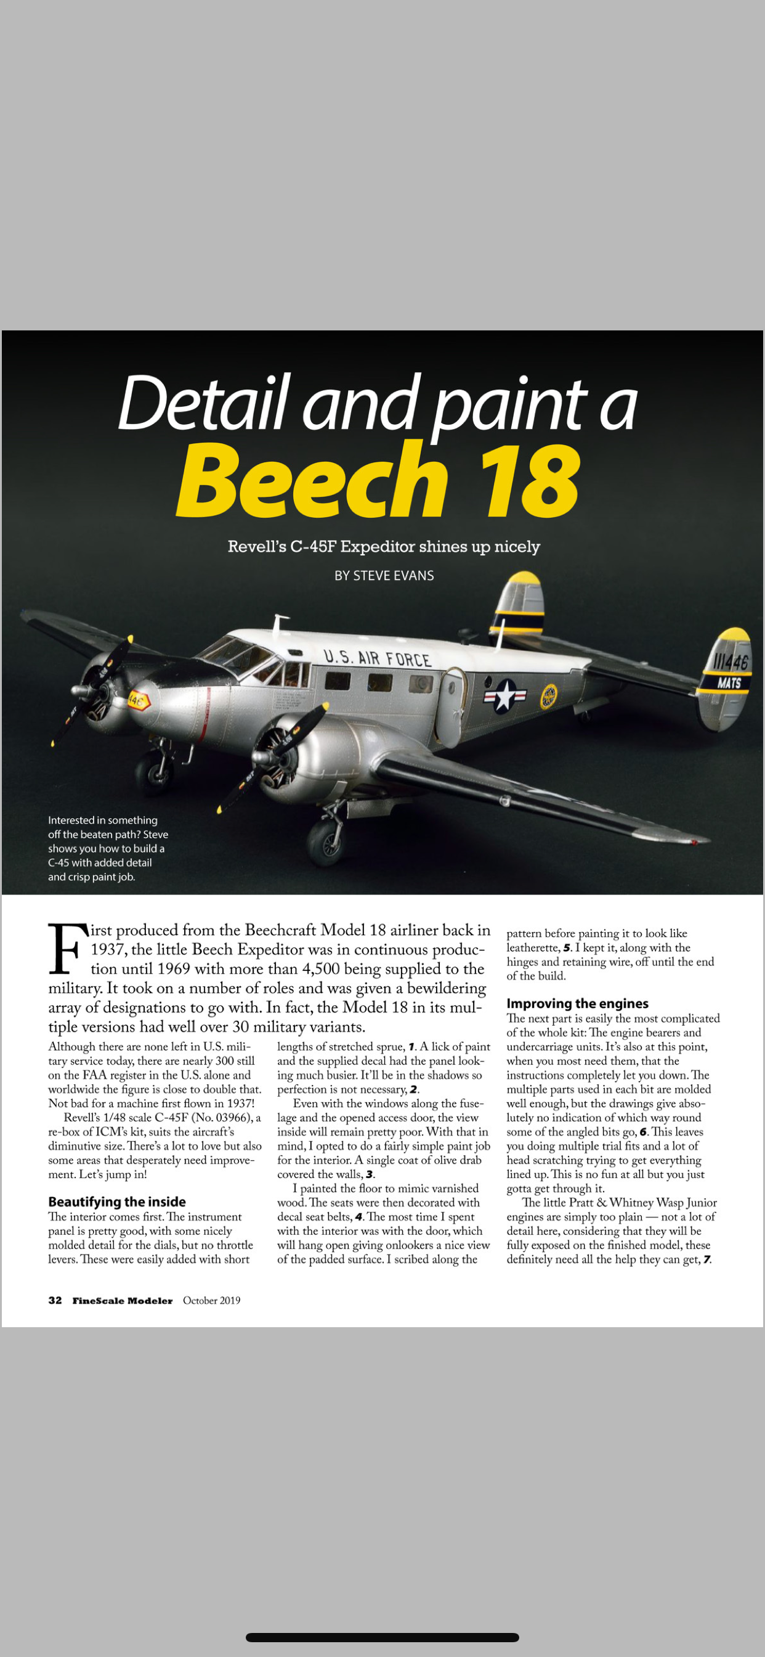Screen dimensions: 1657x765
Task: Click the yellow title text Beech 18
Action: pos(378,480)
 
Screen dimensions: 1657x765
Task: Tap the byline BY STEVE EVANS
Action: pos(384,576)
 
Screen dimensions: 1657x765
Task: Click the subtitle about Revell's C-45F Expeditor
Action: pos(384,547)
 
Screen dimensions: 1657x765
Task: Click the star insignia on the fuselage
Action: pos(505,696)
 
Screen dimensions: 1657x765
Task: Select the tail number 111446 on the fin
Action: pos(731,661)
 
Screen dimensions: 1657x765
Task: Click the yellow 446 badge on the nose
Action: pos(137,700)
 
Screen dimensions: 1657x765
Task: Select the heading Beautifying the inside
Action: pos(117,1201)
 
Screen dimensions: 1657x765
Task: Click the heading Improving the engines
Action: pos(577,1004)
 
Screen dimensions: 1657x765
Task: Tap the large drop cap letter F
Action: pos(67,948)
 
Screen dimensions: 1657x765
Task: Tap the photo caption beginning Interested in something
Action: pos(108,848)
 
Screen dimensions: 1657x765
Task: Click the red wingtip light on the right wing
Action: pos(695,842)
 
